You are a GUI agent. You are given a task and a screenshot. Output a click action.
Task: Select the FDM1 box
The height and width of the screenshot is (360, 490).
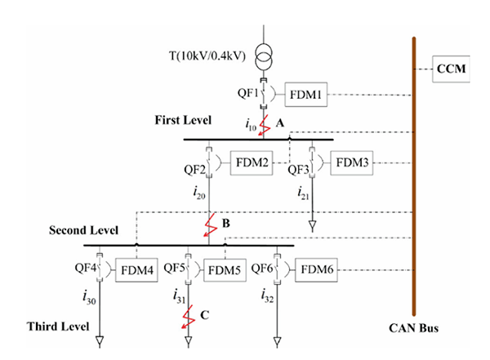click(307, 96)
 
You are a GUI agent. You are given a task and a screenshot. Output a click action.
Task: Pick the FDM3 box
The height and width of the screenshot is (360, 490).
click(354, 163)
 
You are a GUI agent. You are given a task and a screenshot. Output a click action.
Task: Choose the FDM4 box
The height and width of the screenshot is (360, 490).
click(136, 269)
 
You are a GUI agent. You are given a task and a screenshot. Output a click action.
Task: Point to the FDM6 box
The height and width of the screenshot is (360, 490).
click(315, 269)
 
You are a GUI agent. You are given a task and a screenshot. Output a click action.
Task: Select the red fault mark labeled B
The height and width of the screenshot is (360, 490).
click(210, 221)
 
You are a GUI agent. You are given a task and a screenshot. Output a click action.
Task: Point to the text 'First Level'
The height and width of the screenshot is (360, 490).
click(184, 120)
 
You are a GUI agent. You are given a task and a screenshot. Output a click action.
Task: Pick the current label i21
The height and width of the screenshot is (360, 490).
click(303, 195)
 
